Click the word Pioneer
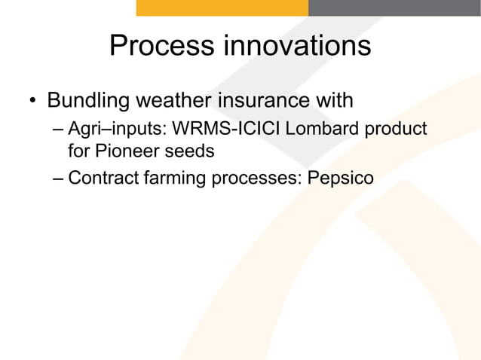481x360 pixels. coord(125,151)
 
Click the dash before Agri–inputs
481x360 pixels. coord(59,129)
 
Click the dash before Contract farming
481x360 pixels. coord(59,178)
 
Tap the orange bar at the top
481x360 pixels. coord(222,8)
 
